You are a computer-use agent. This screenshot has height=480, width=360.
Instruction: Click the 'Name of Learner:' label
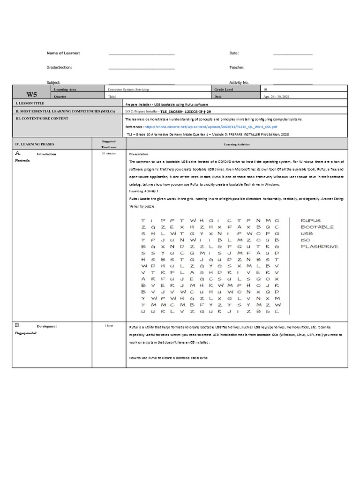coord(63,53)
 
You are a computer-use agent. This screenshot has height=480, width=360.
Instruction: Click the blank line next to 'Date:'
coord(292,55)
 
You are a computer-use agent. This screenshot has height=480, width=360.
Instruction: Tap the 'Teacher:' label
coord(237,67)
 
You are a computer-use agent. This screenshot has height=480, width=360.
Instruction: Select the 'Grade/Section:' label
coord(59,67)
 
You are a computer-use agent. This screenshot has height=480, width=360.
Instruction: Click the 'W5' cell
coord(31,94)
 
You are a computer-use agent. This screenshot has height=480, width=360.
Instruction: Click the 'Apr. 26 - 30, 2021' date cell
coord(277,97)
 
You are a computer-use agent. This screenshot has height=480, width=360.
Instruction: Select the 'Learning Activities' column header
coord(237,145)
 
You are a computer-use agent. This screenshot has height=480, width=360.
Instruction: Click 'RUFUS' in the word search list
coord(311,220)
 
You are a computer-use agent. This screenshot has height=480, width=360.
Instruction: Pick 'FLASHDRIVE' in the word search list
coord(319,246)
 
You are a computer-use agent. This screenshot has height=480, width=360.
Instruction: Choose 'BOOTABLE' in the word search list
coord(317,227)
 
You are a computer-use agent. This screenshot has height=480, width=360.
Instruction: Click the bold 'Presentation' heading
coord(139,154)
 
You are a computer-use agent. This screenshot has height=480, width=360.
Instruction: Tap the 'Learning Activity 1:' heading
coord(144,191)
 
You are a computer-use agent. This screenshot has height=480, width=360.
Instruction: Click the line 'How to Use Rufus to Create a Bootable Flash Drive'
coord(168,358)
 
